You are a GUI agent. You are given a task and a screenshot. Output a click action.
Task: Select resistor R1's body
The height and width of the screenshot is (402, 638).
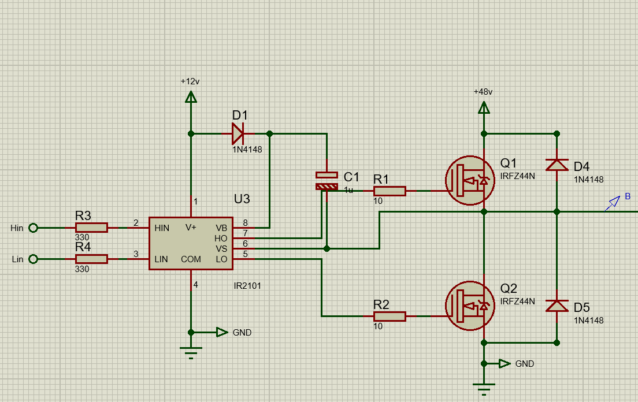pyautogui.click(x=390, y=191)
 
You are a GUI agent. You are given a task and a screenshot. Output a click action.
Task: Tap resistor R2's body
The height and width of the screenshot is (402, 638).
pyautogui.click(x=390, y=317)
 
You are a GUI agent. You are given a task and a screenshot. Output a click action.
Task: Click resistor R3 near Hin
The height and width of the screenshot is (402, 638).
pyautogui.click(x=91, y=228)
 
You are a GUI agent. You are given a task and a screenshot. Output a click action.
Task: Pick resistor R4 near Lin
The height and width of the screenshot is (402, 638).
pyautogui.click(x=91, y=259)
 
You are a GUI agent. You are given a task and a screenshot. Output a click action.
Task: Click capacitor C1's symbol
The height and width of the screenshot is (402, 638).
pyautogui.click(x=327, y=181)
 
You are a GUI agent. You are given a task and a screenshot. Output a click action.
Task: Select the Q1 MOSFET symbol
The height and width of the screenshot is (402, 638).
pyautogui.click(x=469, y=181)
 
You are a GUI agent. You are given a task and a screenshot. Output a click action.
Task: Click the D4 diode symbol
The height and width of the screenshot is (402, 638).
pyautogui.click(x=557, y=165)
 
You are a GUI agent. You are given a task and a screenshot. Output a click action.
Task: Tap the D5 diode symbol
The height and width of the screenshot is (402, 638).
pyautogui.click(x=557, y=306)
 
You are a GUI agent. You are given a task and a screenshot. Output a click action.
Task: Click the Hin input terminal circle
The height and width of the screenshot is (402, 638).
pyautogui.click(x=33, y=228)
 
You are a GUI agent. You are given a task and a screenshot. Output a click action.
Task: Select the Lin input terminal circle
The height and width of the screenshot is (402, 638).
pyautogui.click(x=33, y=259)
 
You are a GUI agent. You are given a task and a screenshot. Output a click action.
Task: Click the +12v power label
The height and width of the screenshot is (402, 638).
pyautogui.click(x=190, y=81)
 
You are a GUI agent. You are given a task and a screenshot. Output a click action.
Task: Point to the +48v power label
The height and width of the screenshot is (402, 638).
pyautogui.click(x=483, y=92)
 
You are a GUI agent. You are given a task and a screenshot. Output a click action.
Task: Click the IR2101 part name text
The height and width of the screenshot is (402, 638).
pyautogui.click(x=248, y=285)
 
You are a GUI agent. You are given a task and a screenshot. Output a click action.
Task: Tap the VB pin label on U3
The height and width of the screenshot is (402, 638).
pyautogui.click(x=221, y=228)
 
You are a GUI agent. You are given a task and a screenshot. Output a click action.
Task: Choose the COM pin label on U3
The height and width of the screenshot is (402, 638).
pyautogui.click(x=191, y=259)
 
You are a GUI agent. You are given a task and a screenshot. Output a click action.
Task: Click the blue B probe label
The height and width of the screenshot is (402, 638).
pyautogui.click(x=628, y=198)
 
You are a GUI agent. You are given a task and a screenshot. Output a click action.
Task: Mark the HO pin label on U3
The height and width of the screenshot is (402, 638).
pyautogui.click(x=221, y=238)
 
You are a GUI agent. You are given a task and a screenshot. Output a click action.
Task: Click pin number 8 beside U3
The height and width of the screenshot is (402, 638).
pyautogui.click(x=246, y=222)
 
